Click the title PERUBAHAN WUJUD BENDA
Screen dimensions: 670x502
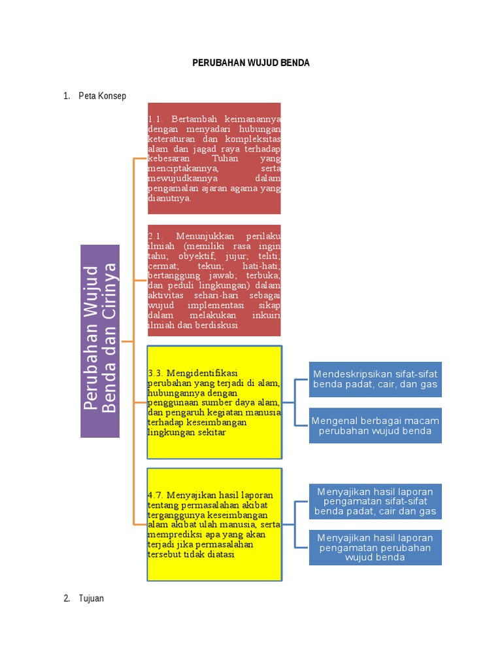point(250,63)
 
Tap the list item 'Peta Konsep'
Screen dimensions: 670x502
point(102,96)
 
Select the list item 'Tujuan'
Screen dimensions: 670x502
point(91,598)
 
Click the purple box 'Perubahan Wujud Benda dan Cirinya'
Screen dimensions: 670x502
point(100,341)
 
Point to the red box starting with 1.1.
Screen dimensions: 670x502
point(214,158)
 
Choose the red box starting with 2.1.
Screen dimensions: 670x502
point(214,280)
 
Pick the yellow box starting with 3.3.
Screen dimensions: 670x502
point(214,402)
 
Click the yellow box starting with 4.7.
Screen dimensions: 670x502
point(214,524)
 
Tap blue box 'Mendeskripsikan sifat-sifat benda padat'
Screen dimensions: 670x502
point(375,379)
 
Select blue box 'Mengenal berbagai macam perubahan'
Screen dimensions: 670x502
point(375,425)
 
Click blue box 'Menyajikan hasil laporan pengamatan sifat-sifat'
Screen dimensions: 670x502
point(375,501)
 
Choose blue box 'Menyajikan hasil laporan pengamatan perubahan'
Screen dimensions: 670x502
point(375,547)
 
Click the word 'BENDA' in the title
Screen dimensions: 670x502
point(294,63)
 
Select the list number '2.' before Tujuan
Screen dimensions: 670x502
point(67,598)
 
